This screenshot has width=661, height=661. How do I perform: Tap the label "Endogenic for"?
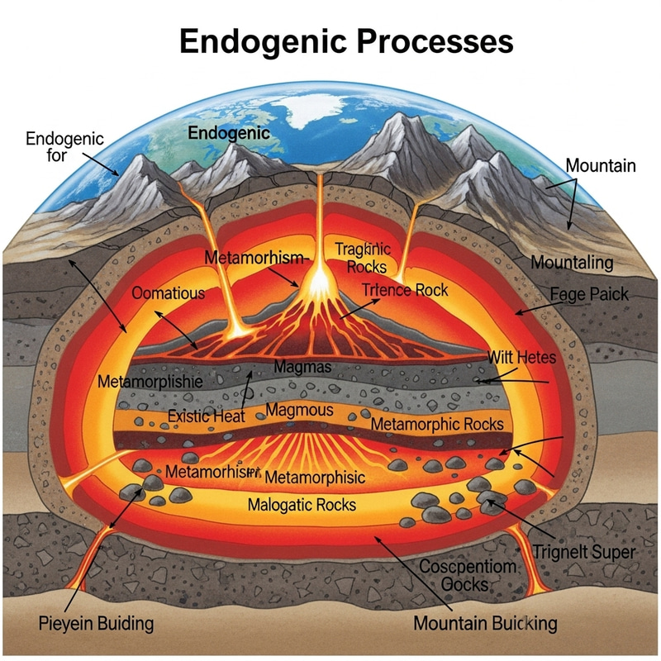(64, 146)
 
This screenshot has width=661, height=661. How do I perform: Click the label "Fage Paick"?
(588, 294)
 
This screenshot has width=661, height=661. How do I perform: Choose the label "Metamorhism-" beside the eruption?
(258, 259)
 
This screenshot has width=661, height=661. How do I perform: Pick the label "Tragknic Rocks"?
(363, 257)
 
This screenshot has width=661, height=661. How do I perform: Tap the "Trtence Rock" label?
(405, 289)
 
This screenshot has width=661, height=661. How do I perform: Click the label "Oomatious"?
(168, 292)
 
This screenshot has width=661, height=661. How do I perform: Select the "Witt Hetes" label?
(521, 358)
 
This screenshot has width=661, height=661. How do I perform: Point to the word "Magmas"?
(303, 366)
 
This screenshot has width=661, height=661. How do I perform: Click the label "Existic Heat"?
(206, 416)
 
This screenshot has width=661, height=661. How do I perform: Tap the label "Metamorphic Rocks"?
(436, 424)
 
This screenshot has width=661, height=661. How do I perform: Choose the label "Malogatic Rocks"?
(302, 504)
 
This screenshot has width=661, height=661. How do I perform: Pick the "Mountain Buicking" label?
(485, 623)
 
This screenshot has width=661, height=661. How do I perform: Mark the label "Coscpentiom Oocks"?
(468, 576)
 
